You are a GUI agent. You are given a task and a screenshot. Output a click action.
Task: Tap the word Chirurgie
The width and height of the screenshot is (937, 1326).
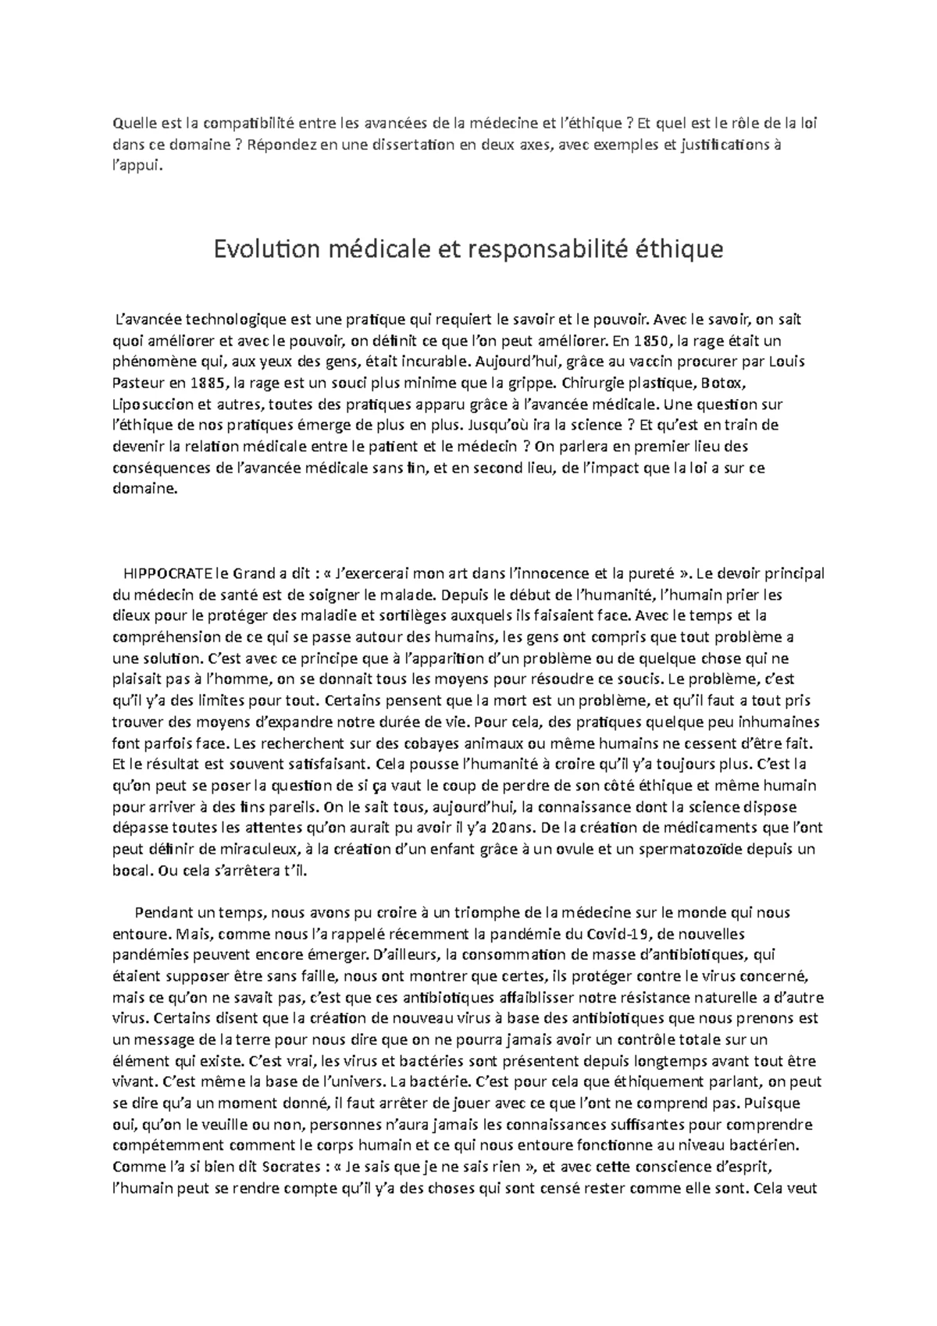596,383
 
